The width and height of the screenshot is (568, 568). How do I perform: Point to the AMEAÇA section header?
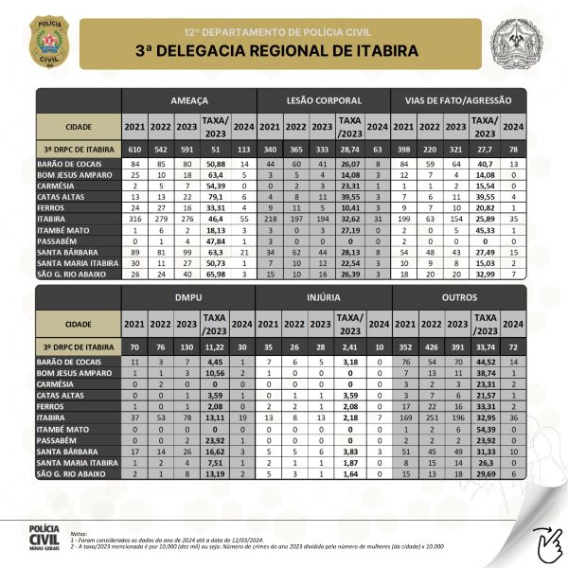point(189,99)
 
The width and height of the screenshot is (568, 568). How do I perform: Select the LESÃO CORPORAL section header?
point(323,99)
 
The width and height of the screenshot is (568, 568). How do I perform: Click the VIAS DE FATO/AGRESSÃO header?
point(458,99)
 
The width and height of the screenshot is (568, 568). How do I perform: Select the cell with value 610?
point(134,149)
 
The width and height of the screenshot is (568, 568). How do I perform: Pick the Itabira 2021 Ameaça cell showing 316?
point(134,218)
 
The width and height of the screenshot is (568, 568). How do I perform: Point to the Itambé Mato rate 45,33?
point(486,229)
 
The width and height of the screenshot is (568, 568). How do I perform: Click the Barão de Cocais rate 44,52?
point(486,363)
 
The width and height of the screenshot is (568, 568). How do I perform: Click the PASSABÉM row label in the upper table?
point(64,240)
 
